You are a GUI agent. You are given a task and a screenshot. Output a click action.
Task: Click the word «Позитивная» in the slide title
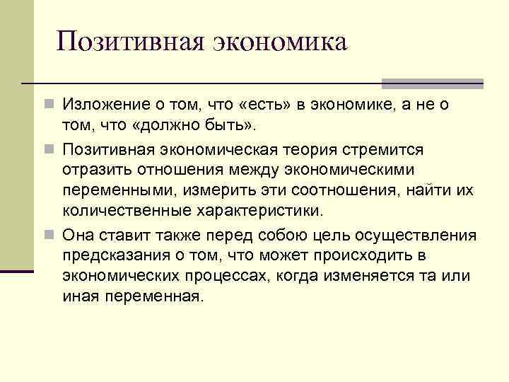(131, 42)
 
